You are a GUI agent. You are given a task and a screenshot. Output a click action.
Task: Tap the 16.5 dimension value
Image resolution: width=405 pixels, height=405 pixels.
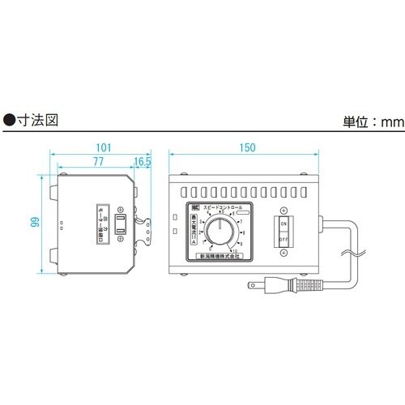(x=143, y=162)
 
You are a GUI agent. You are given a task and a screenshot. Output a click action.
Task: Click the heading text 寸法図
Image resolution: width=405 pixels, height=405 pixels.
(x=40, y=117)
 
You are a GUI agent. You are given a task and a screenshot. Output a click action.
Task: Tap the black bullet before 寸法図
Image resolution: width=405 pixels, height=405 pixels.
(x=10, y=117)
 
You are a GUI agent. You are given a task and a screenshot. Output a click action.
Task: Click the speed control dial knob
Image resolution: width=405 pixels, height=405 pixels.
(x=218, y=235)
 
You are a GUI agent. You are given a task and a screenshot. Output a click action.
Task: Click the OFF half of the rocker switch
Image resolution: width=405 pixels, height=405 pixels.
(x=284, y=239)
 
